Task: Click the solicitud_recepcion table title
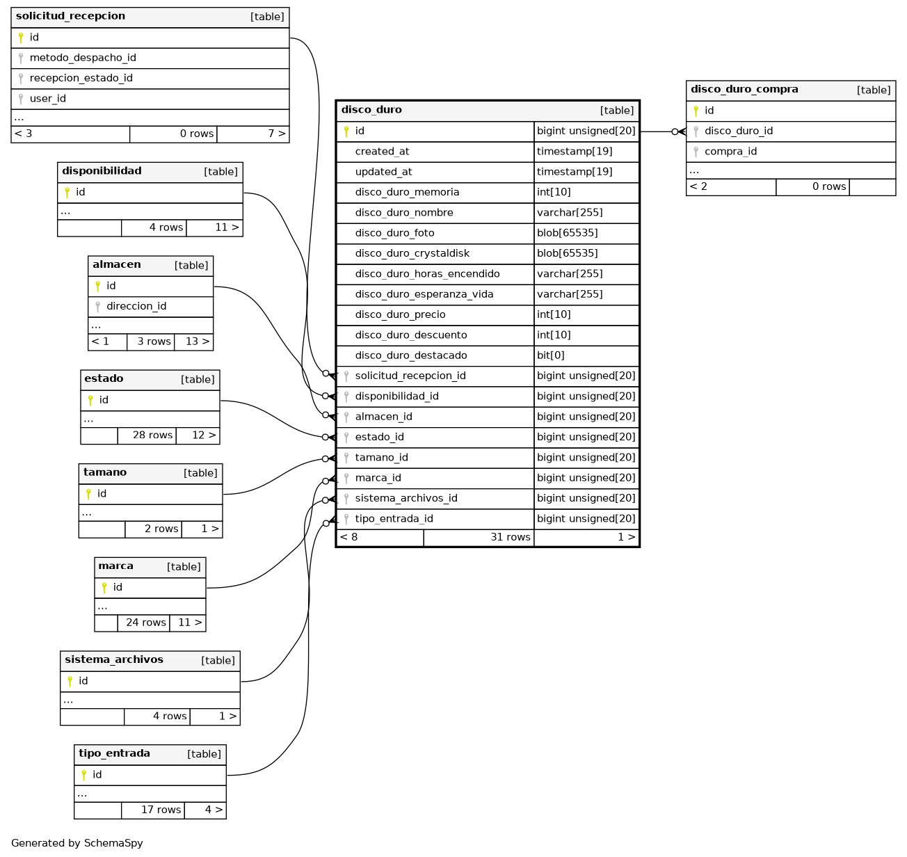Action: [x=70, y=16]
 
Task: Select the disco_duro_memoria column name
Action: [x=407, y=192]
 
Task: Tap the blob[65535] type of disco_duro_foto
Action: [x=567, y=233]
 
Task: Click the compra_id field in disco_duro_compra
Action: [x=730, y=152]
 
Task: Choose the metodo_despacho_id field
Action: [x=83, y=58]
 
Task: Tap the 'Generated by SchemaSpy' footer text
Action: [x=77, y=843]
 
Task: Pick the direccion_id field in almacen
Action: [x=136, y=306]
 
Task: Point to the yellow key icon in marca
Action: [x=104, y=587]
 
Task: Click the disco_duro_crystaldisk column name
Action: [x=412, y=253]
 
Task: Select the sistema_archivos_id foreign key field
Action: [x=406, y=498]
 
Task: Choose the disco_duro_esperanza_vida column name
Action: [x=424, y=294]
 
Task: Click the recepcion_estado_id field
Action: [x=81, y=78]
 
